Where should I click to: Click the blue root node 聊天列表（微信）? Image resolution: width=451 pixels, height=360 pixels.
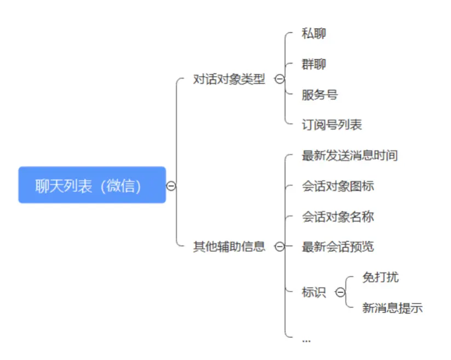tap(91, 185)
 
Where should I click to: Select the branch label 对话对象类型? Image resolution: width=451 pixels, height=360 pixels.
tap(229, 80)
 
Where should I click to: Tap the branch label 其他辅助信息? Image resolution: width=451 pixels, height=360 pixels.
tap(229, 247)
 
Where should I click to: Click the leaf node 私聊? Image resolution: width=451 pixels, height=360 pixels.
tap(314, 33)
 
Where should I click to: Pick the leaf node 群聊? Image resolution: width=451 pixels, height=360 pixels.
tap(314, 64)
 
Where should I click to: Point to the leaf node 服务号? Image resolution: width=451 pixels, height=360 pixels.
tap(320, 95)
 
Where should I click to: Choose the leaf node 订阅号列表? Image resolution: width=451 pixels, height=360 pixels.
tap(332, 125)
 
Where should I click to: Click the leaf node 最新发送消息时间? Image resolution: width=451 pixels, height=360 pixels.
tap(349, 156)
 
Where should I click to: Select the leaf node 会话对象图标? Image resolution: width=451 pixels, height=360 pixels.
tap(338, 187)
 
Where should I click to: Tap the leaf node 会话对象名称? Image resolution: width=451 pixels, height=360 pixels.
tap(338, 217)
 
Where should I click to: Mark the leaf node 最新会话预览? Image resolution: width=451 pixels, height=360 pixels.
tap(338, 247)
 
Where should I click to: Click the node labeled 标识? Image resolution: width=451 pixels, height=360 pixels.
tap(314, 293)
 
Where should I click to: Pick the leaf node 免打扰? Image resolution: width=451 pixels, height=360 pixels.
tap(380, 277)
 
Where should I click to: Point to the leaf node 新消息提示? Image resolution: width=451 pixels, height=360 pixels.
tap(392, 308)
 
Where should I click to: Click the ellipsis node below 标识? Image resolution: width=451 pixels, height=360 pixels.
tap(306, 340)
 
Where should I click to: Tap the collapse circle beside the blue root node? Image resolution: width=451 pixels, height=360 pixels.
tap(171, 186)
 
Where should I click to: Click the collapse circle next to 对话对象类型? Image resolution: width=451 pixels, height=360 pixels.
tap(279, 80)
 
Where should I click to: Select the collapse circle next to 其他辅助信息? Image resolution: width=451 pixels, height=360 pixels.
tap(279, 247)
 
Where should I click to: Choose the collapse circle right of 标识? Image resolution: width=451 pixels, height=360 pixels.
tap(340, 293)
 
